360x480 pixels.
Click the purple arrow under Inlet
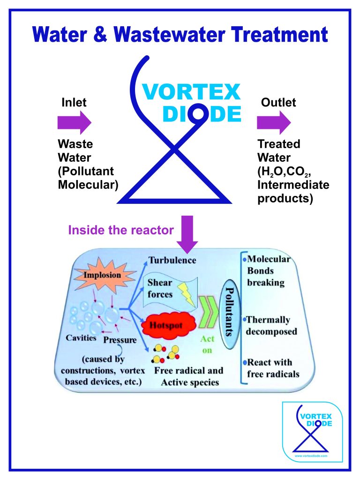point(74,123)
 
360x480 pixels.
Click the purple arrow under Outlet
point(274,123)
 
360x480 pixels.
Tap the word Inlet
point(74,102)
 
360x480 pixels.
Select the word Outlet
point(278,102)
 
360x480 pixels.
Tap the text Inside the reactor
point(121,230)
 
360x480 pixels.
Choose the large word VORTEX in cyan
point(197,92)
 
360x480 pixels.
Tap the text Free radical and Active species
point(189,376)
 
